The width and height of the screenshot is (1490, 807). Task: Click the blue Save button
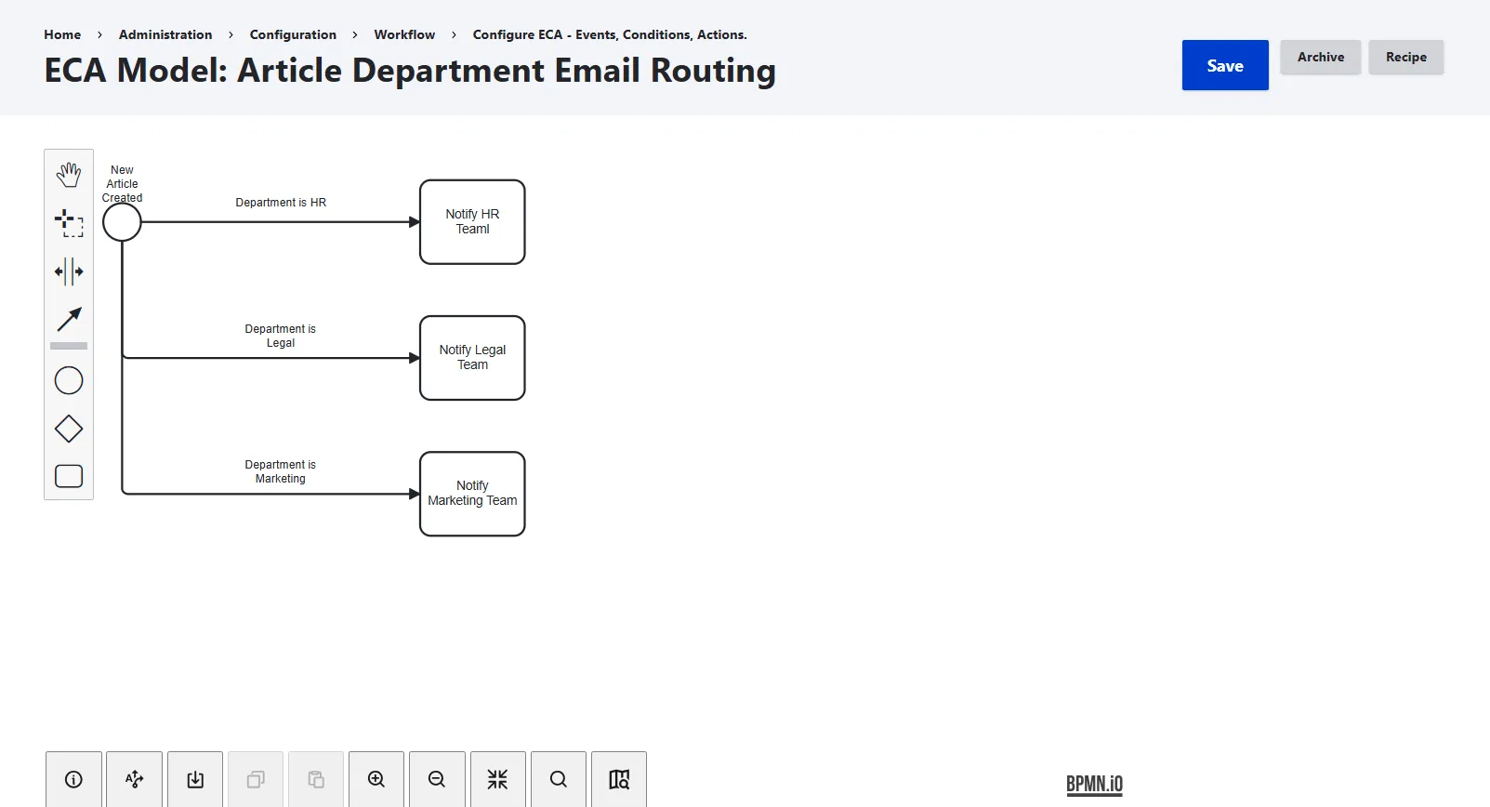click(x=1224, y=65)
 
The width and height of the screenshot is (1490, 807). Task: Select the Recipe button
click(x=1406, y=58)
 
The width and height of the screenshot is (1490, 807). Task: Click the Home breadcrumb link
click(x=62, y=34)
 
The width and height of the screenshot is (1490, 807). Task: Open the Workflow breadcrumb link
click(x=404, y=34)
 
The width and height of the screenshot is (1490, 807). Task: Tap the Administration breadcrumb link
click(x=165, y=34)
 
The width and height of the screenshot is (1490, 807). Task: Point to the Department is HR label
click(x=281, y=203)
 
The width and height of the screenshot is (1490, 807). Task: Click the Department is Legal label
click(x=280, y=336)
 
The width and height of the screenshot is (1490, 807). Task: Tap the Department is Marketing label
click(x=280, y=471)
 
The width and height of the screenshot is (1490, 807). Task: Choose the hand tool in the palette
click(x=69, y=175)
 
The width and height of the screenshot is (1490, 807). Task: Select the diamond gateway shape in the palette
click(x=69, y=430)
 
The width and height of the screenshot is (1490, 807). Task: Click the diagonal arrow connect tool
click(x=69, y=319)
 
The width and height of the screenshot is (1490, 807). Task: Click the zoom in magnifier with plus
click(x=376, y=779)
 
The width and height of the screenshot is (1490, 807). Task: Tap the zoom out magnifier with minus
click(x=437, y=779)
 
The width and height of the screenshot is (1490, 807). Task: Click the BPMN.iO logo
click(x=1094, y=785)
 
